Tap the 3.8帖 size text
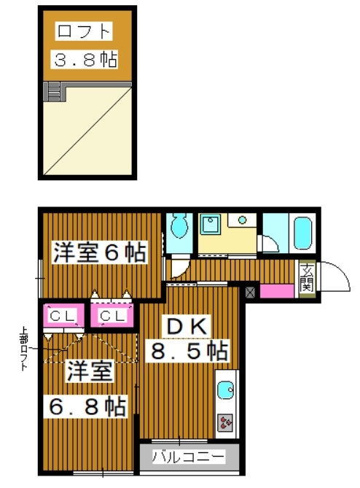pyautogui.click(x=85, y=58)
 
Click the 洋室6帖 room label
pyautogui.click(x=99, y=252)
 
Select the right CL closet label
pyautogui.click(x=112, y=316)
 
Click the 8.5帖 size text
pyautogui.click(x=189, y=351)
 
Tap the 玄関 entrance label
pyautogui.click(x=307, y=276)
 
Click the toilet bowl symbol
pyautogui.click(x=179, y=227)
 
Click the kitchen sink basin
pyautogui.click(x=225, y=390)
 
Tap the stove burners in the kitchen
pyautogui.click(x=226, y=422)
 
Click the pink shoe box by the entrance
pyautogui.click(x=276, y=290)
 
